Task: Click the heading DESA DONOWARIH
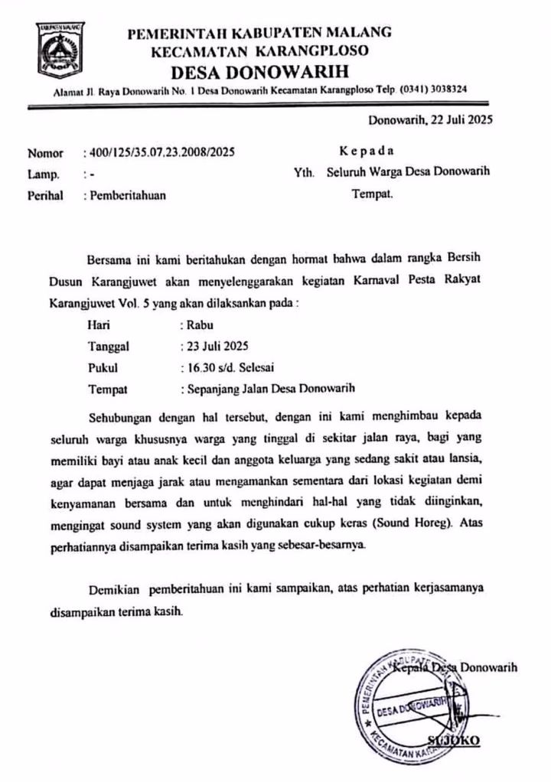[259, 73]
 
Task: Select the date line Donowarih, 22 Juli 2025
[430, 119]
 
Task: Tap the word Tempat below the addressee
[372, 194]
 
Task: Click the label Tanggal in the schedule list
[109, 346]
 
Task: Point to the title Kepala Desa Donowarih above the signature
[458, 667]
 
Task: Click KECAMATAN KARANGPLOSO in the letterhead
[259, 52]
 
